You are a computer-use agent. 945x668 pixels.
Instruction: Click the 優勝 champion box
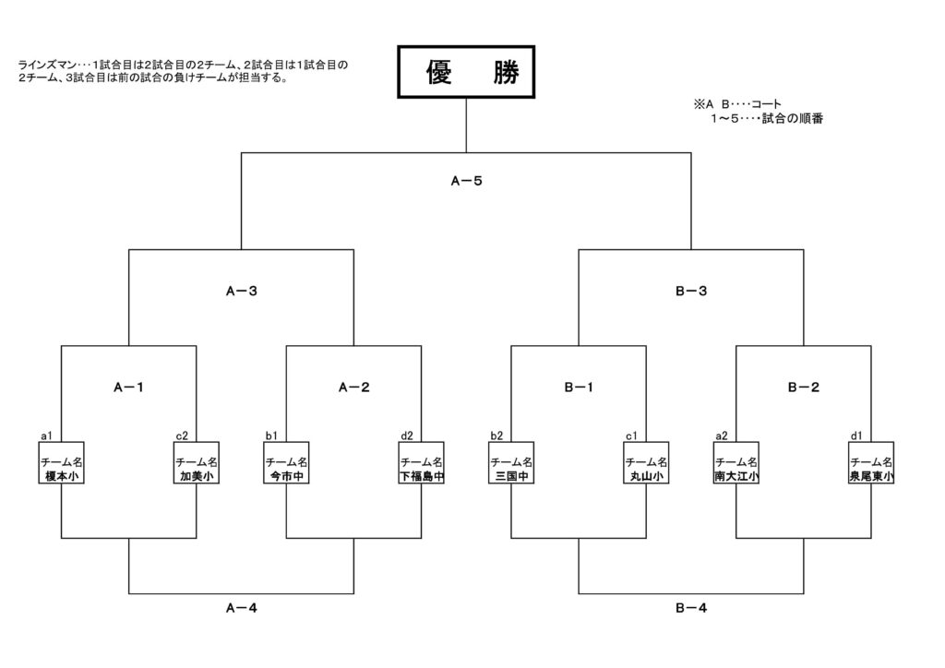click(x=466, y=72)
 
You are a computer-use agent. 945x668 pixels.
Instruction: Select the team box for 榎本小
click(x=62, y=468)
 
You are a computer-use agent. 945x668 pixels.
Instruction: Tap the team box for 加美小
click(x=197, y=468)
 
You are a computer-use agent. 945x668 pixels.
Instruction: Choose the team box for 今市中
click(x=286, y=468)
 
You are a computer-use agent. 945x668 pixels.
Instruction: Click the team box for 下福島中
click(x=422, y=468)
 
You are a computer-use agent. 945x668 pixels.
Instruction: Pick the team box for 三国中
click(x=511, y=468)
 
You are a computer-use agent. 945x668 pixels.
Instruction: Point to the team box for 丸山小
click(x=646, y=468)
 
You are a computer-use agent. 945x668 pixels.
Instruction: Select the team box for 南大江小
click(x=736, y=468)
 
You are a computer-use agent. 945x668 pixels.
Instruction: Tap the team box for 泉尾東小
click(x=871, y=468)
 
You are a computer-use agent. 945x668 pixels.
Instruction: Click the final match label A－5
click(x=466, y=181)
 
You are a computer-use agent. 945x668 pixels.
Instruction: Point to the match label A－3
click(x=241, y=292)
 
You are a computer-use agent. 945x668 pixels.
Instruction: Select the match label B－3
click(x=691, y=292)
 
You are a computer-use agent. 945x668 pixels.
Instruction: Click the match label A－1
click(x=128, y=388)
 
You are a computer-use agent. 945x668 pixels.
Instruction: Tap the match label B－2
click(x=803, y=388)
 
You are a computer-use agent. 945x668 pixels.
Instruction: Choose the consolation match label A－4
click(x=241, y=608)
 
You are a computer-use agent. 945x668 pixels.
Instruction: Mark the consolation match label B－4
click(x=691, y=608)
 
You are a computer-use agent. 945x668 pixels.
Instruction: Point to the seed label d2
click(x=406, y=435)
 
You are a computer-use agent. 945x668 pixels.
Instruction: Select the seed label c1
click(x=631, y=435)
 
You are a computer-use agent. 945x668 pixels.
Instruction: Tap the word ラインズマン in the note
click(x=46, y=66)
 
